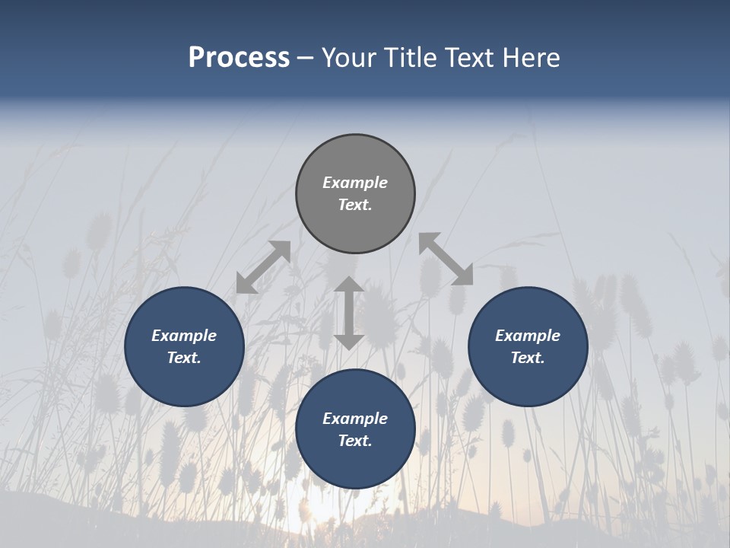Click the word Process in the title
click(239, 58)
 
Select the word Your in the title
click(347, 58)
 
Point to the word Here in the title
click(532, 58)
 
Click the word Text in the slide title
click(471, 58)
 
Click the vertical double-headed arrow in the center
click(349, 314)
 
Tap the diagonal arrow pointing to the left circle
click(264, 267)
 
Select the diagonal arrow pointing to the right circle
click(446, 260)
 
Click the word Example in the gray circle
click(355, 183)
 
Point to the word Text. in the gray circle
click(355, 205)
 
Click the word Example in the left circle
click(184, 336)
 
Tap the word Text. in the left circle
click(184, 358)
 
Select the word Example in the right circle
click(528, 336)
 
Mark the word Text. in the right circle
click(528, 358)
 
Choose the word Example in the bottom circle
click(355, 419)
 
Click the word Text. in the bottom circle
click(355, 441)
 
